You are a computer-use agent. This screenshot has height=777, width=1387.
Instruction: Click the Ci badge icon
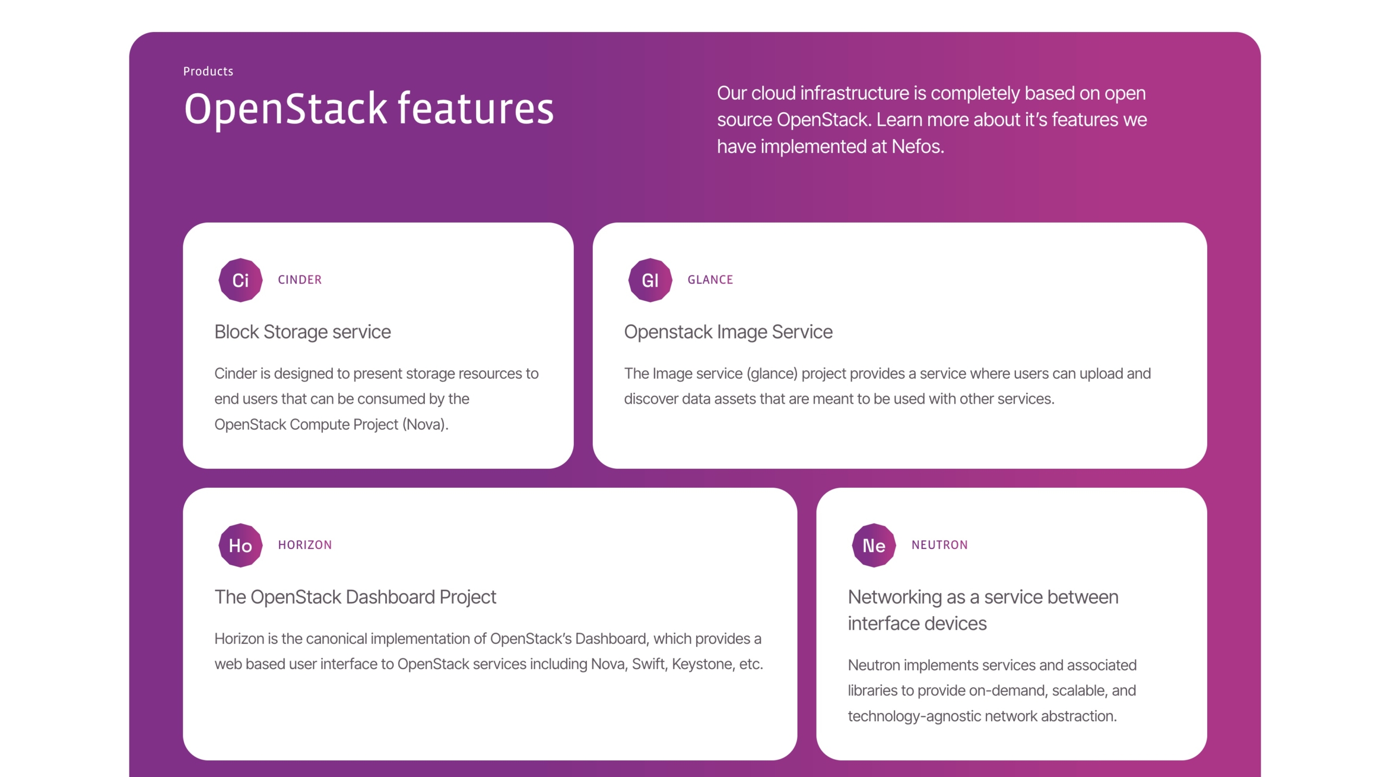click(240, 280)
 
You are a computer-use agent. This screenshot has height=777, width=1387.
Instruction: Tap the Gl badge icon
click(650, 280)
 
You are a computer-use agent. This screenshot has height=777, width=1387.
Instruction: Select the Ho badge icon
click(240, 545)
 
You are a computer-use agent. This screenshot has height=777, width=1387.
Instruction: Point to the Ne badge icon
click(874, 545)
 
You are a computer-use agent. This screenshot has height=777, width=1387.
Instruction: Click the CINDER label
click(300, 280)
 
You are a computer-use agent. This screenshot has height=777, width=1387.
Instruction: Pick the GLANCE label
click(710, 280)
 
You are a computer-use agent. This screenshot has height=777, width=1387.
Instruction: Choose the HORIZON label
click(305, 545)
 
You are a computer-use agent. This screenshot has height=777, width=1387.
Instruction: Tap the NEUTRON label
click(939, 545)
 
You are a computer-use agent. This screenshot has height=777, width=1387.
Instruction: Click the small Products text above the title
click(208, 72)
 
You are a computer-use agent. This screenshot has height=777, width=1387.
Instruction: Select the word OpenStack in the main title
click(286, 109)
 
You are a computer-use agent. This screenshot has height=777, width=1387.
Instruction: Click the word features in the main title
click(476, 108)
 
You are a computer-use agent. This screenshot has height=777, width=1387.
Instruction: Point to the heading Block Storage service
click(302, 332)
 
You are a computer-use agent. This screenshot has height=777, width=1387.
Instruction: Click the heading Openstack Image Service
click(728, 332)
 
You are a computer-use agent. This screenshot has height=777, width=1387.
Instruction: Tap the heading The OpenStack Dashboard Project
click(355, 597)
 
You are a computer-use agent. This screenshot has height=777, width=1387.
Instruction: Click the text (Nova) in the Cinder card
click(425, 424)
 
